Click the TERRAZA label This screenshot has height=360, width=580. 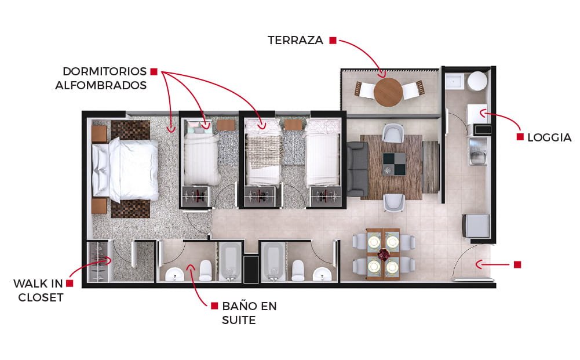295,40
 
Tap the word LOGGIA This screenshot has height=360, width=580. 549,137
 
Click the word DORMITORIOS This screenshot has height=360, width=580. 105,71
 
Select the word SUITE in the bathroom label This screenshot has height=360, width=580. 239,320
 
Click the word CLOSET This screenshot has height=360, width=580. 41,297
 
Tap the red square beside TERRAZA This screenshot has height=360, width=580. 333,40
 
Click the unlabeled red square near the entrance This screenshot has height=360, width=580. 517,264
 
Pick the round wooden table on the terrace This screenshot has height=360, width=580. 388,92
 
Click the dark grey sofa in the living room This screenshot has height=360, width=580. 357,169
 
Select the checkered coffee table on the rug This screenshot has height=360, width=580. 394,164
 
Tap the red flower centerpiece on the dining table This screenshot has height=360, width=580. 384,254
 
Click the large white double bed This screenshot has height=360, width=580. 125,169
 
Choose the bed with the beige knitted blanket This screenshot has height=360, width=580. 263,152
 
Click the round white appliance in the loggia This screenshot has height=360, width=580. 477,81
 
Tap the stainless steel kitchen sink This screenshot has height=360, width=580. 478,151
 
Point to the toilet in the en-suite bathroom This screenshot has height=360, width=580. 206,270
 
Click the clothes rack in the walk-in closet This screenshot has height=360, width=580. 99,261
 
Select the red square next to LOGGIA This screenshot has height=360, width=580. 520,137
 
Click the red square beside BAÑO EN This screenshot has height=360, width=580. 214,306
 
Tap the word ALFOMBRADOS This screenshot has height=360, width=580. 101,85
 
